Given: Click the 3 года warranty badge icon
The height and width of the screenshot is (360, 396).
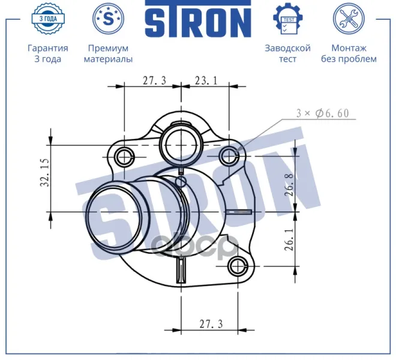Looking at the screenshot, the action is coord(48,19).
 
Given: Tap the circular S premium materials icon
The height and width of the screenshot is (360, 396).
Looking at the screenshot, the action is coord(109,19).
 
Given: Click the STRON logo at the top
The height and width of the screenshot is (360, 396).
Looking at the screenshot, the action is coord(198,19).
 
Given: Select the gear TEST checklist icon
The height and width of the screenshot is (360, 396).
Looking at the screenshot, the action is coord(288,19).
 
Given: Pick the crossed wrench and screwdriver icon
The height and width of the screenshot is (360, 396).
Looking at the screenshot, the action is coord(349,19).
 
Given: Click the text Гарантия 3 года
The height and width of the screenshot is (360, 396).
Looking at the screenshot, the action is coord(48,53).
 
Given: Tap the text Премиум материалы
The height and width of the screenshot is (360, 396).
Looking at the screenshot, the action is coord(108,53).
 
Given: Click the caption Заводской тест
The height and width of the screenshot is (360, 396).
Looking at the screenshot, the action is coord(287,53).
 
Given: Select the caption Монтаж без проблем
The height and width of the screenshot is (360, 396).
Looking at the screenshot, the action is coord(349,53).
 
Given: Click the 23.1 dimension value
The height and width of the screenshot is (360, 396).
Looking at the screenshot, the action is coord(206,80).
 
